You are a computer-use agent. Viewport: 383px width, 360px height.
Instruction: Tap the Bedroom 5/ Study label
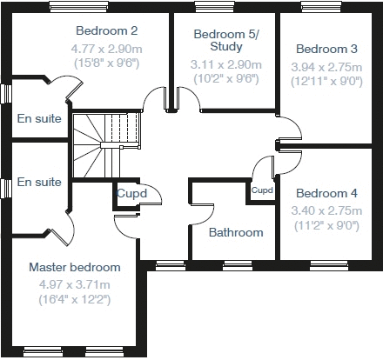coord(220,41)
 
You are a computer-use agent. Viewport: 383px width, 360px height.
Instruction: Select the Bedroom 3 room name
coord(327,49)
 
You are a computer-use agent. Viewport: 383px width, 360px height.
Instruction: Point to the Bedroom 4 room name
coord(326,193)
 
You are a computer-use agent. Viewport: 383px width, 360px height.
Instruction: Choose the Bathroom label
coord(236,232)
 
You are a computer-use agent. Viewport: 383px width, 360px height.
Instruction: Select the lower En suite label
coord(39,182)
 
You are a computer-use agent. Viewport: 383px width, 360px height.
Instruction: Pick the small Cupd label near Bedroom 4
coord(261,190)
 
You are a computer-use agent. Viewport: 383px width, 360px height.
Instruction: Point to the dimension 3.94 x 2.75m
coord(327,66)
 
